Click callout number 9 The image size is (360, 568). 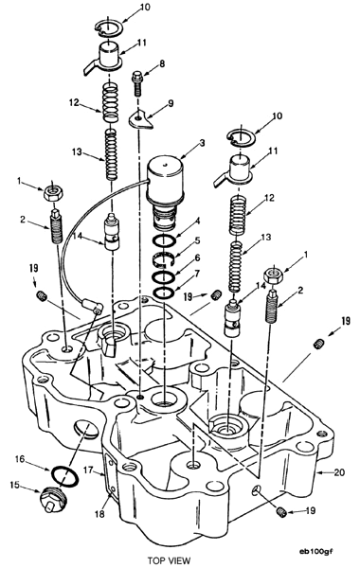tap(171, 103)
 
